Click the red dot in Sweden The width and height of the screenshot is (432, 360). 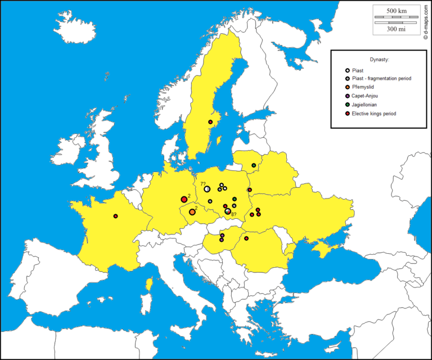pyautogui.click(x=210, y=122)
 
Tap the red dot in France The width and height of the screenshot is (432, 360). pyautogui.click(x=115, y=216)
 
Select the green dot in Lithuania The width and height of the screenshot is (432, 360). pyautogui.click(x=254, y=165)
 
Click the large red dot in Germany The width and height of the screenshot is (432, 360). pyautogui.click(x=184, y=199)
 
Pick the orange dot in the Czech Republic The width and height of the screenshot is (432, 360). pyautogui.click(x=192, y=212)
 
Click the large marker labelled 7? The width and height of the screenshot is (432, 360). pyautogui.click(x=207, y=189)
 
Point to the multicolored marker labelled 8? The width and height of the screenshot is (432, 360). pyautogui.click(x=228, y=211)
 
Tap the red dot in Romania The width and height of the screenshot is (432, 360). pyautogui.click(x=246, y=238)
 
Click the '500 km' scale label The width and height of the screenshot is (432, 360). pyautogui.click(x=396, y=11)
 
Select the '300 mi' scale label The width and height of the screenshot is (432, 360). pyautogui.click(x=396, y=29)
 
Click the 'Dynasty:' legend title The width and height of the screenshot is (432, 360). pyautogui.click(x=379, y=60)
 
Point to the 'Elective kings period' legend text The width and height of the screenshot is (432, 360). pyautogui.click(x=373, y=114)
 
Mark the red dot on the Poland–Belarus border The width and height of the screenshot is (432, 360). pyautogui.click(x=249, y=190)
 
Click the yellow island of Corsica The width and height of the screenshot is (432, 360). pyautogui.click(x=149, y=285)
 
